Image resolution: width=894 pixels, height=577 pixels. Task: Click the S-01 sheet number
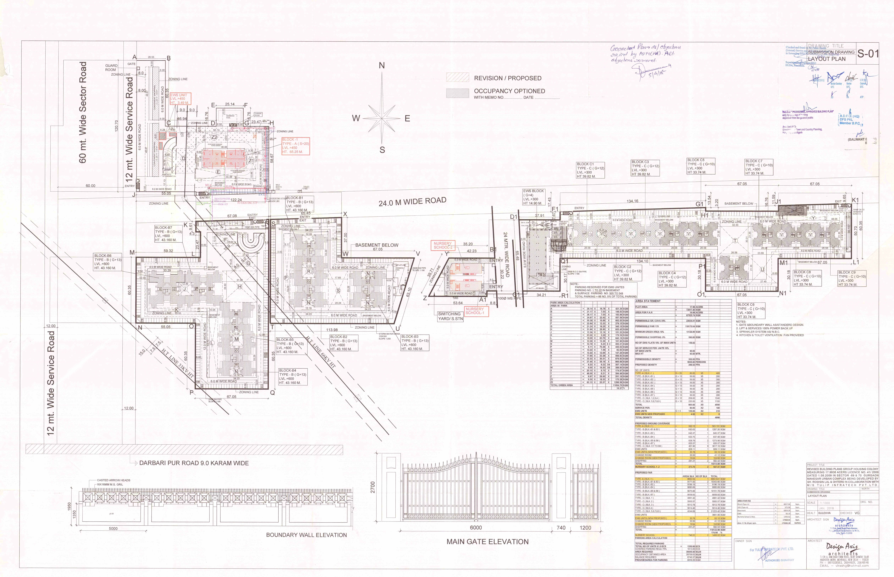868,54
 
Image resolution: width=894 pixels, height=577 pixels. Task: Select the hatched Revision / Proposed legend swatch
457,78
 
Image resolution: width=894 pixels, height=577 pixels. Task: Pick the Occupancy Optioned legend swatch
457,93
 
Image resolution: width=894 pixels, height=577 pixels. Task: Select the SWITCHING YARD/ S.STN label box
450,316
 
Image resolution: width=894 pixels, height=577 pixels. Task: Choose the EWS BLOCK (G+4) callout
533,197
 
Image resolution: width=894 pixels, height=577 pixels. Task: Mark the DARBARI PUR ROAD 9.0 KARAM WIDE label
194,463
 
